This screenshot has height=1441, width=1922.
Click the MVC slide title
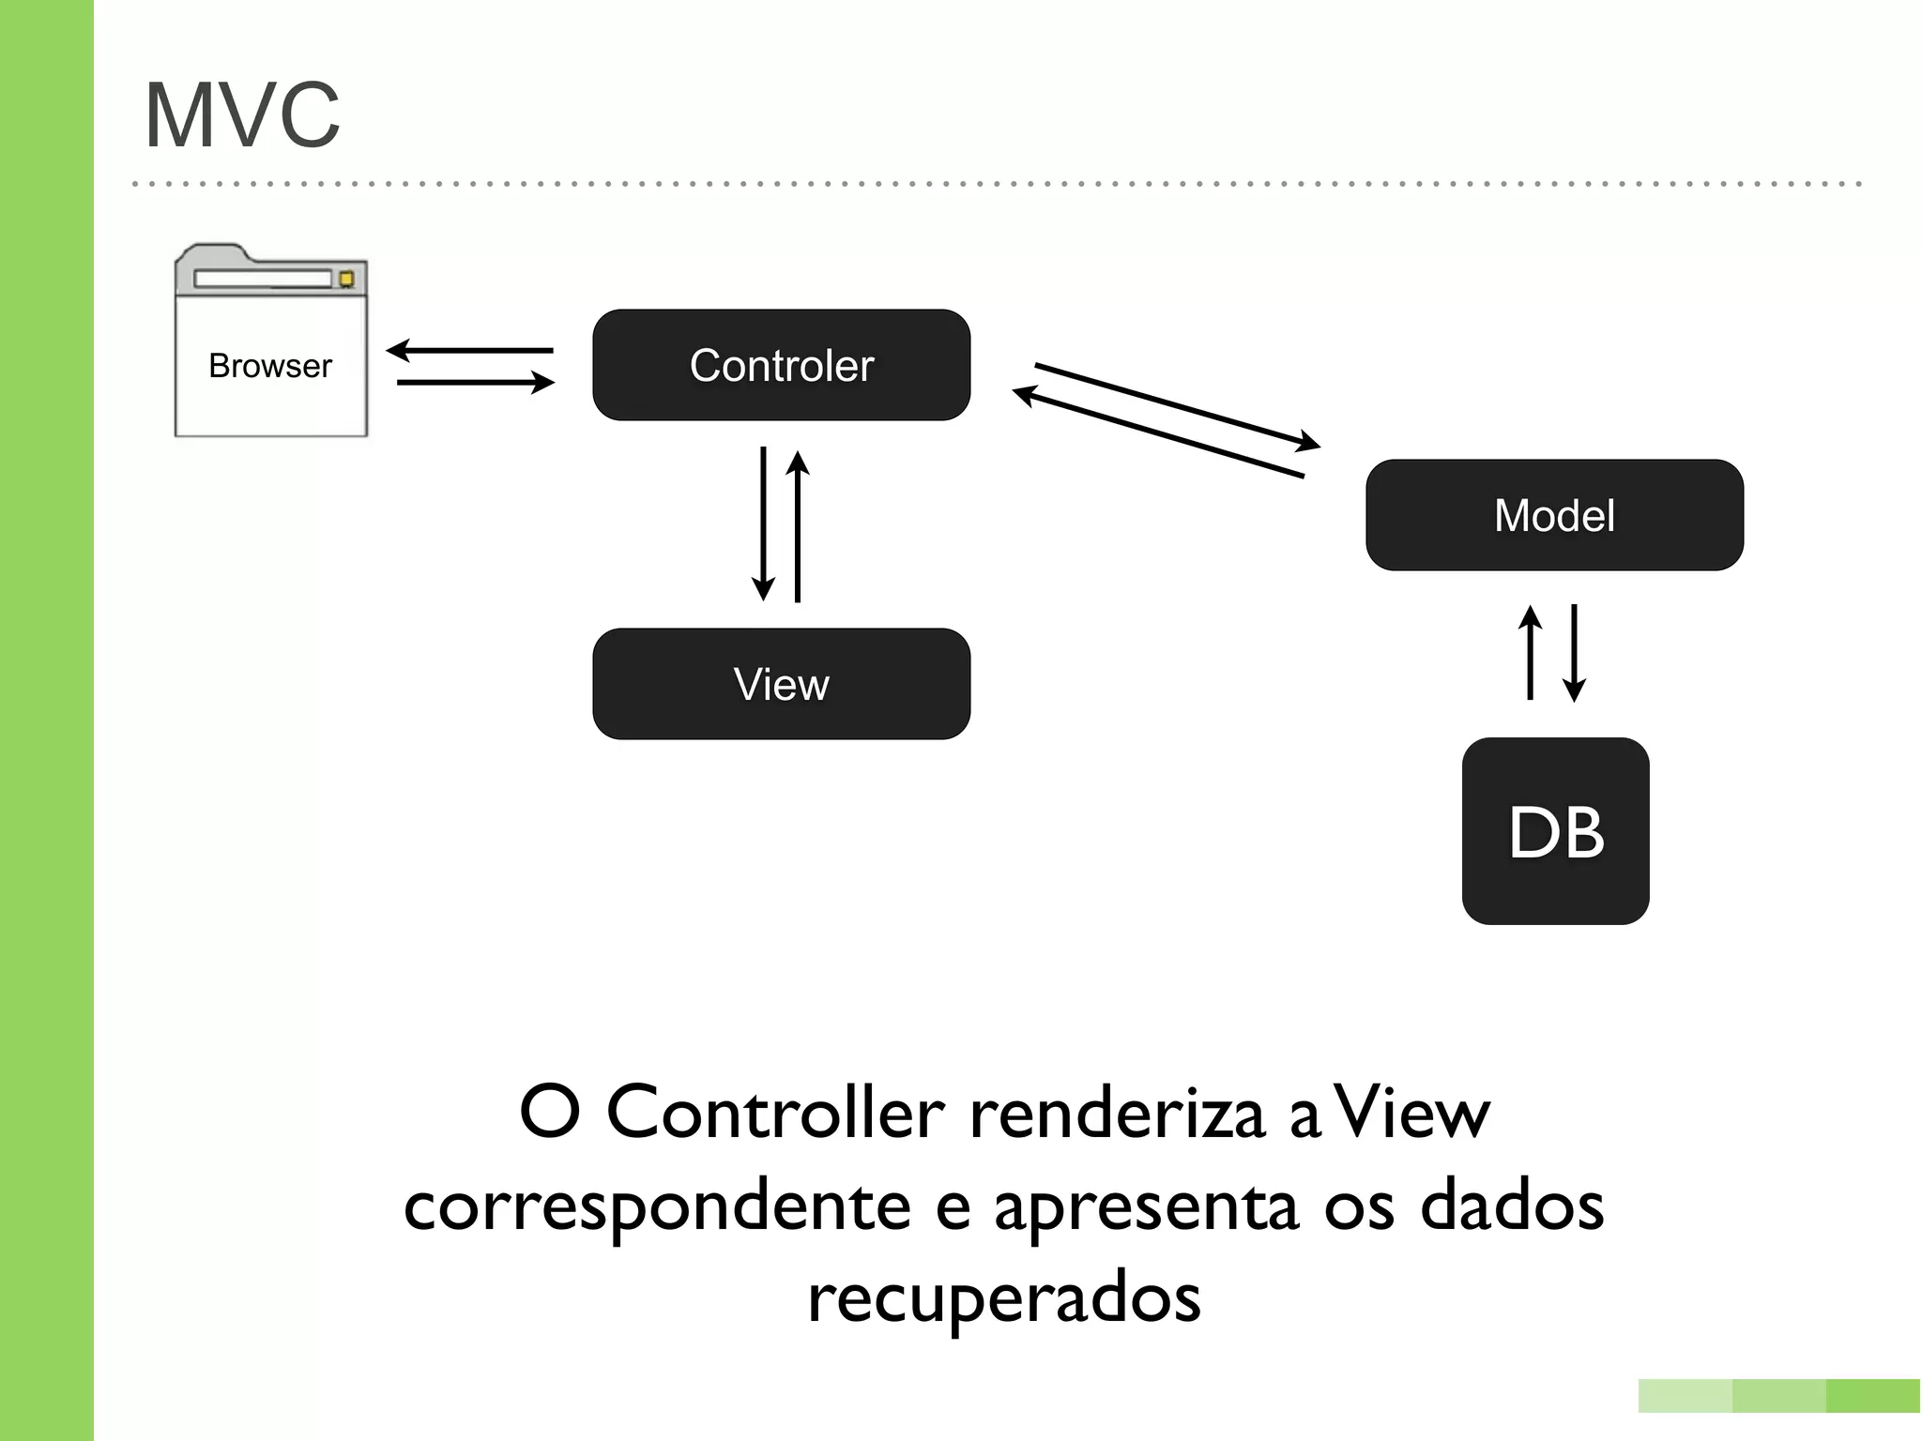[x=242, y=115]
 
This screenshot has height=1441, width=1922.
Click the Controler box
[x=781, y=365]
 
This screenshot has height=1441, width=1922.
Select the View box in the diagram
[x=781, y=684]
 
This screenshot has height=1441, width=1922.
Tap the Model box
[x=1554, y=515]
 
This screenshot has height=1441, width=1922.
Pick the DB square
[x=1555, y=831]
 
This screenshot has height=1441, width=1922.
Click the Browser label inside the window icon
[x=270, y=366]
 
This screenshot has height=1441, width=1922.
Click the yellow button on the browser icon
[x=346, y=279]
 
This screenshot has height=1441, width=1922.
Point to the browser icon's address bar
[x=263, y=279]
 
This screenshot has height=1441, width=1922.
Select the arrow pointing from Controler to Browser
[x=469, y=351]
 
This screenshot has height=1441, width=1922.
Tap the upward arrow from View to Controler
[x=798, y=525]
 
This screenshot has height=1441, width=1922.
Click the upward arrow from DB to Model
[x=1530, y=652]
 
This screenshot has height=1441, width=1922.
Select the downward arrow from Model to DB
[x=1574, y=652]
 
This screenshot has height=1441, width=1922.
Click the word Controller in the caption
[x=775, y=1114]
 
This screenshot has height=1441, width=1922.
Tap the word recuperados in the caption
[x=1003, y=1297]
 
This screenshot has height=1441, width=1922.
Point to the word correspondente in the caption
[x=657, y=1207]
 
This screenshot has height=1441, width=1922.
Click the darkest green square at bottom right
[x=1872, y=1396]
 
